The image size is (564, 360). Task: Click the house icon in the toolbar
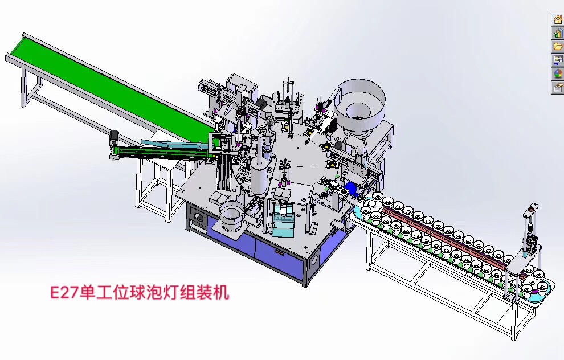[558, 19]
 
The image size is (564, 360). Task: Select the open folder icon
[558, 47]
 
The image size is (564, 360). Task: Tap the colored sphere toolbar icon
[558, 74]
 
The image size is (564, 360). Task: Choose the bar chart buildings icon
[558, 33]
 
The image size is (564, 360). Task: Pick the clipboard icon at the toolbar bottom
[558, 87]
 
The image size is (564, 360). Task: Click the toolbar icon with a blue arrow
[558, 60]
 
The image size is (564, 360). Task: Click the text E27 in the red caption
[64, 293]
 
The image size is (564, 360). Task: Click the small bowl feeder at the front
[232, 216]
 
